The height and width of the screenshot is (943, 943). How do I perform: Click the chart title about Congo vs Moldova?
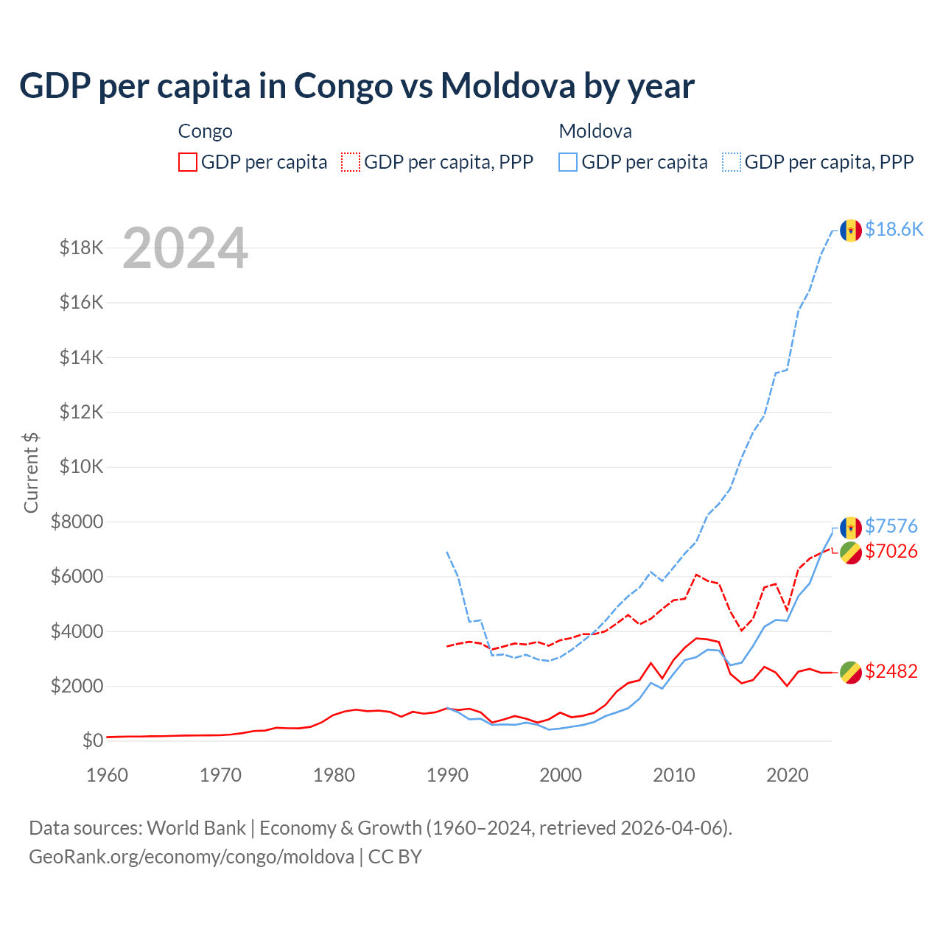[357, 85]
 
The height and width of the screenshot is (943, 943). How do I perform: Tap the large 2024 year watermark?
[185, 248]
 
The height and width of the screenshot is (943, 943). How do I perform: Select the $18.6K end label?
[894, 229]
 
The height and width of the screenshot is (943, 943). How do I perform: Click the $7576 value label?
[891, 526]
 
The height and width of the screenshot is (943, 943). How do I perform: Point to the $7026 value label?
[891, 551]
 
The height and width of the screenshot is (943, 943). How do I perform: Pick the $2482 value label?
[891, 671]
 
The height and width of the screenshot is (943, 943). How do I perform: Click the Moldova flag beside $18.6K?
[851, 230]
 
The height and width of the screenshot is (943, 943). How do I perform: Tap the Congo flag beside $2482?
[851, 672]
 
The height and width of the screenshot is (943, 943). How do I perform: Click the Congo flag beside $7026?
[851, 552]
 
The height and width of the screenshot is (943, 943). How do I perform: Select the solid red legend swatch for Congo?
[188, 162]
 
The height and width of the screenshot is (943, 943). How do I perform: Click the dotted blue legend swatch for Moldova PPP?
[732, 162]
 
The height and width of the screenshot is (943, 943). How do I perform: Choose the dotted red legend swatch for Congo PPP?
[351, 162]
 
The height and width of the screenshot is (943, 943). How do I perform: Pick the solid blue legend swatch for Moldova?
[568, 162]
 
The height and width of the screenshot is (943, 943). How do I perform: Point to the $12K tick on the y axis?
[82, 412]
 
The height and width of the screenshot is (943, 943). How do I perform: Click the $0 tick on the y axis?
[93, 740]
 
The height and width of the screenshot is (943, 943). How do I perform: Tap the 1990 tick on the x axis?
[447, 775]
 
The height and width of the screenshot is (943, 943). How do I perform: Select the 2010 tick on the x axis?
[674, 775]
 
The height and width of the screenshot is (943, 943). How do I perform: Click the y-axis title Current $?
[31, 472]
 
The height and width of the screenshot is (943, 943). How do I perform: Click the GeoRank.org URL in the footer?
[192, 857]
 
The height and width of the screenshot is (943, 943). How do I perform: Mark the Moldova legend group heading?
[595, 131]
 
